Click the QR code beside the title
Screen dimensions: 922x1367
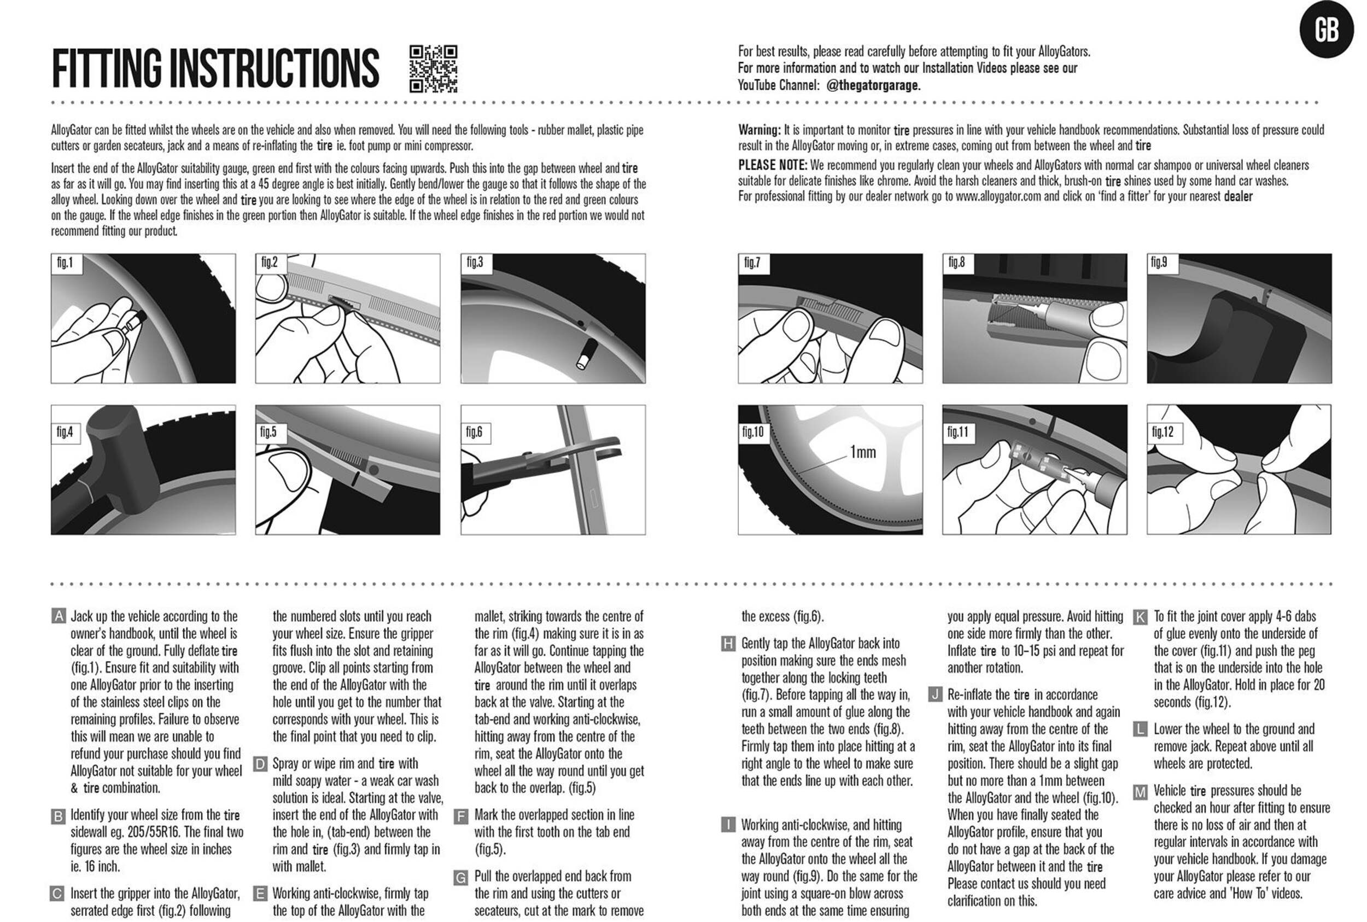tap(433, 69)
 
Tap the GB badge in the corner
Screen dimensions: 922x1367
tap(1326, 30)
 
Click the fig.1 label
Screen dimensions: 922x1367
tap(65, 263)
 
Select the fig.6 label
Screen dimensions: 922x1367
tap(474, 432)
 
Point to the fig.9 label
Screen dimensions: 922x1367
tap(1159, 262)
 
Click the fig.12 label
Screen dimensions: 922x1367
tap(1162, 432)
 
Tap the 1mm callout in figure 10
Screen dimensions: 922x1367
tap(862, 452)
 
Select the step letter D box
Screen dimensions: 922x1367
tap(260, 764)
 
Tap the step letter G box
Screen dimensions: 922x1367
tap(461, 877)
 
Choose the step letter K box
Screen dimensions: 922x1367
tap(1140, 617)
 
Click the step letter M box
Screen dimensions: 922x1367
tap(1140, 791)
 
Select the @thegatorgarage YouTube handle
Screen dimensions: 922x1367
tap(873, 85)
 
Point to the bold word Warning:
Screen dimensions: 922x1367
tap(759, 130)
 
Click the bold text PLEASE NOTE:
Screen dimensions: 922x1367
tap(773, 165)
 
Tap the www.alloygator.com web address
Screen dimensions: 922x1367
tap(998, 196)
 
